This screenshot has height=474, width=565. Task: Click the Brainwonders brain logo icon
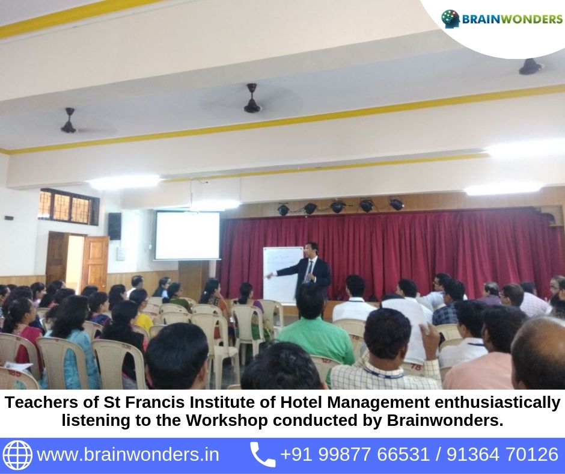pos(450,19)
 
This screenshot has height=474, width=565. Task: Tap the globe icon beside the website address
pos(17,455)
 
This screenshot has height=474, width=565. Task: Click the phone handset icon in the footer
pos(263,454)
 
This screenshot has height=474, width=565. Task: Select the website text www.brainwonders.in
pos(128,454)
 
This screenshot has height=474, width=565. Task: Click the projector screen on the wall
pos(187,235)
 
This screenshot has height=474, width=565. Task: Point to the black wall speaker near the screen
pos(114,226)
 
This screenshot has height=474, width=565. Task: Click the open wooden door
pos(95,263)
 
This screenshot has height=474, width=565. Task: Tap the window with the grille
pos(69,207)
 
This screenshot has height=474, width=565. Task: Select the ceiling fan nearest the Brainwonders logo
pos(530,67)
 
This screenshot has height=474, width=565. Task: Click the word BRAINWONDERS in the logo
pos(512,19)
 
